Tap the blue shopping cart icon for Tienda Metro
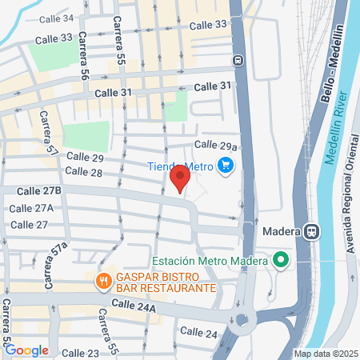point(226,166)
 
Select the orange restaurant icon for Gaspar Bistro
point(103,281)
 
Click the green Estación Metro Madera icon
point(280,260)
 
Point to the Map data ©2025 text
point(325,354)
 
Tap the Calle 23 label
point(80,353)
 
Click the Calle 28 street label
point(84,172)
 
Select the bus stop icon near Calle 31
point(238,60)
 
